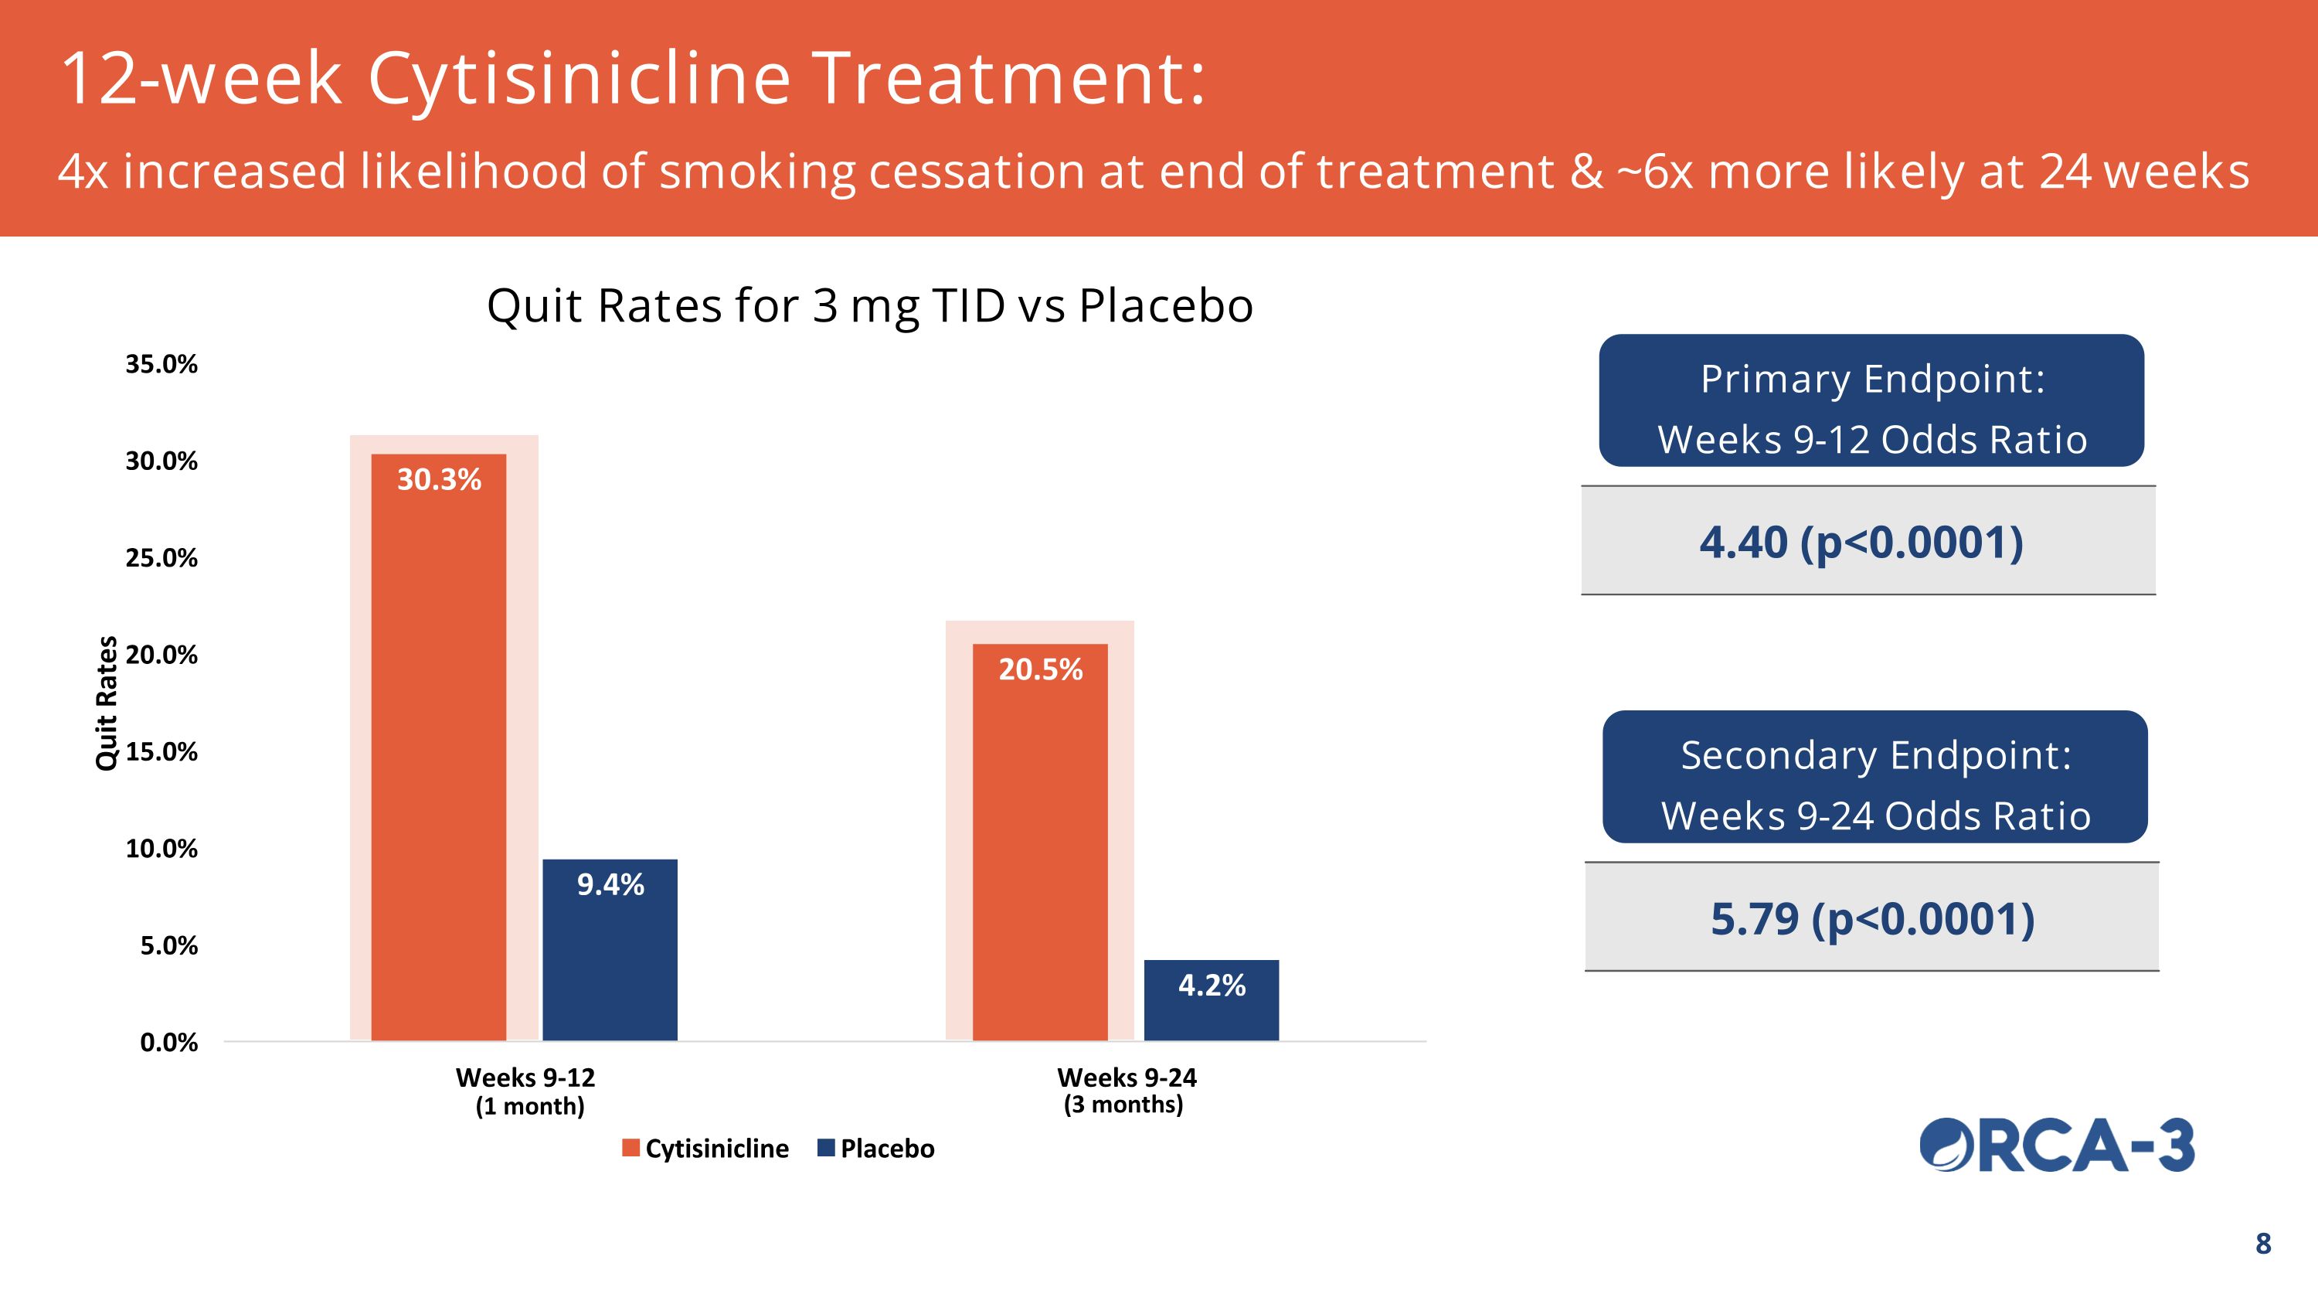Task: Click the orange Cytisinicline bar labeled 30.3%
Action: [x=438, y=747]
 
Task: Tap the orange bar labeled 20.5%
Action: [x=1039, y=843]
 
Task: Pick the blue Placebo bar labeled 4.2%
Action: [x=1212, y=1001]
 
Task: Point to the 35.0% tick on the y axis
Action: [x=161, y=365]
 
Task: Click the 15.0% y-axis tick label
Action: [x=161, y=751]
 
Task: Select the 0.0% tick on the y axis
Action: [x=168, y=1042]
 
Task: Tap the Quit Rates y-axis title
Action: [x=106, y=703]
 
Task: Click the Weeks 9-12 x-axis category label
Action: [x=526, y=1091]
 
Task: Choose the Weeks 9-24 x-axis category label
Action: [x=1126, y=1090]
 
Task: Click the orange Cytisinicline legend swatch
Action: [x=630, y=1149]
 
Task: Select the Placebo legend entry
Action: [x=875, y=1149]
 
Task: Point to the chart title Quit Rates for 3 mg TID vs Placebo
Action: [x=869, y=306]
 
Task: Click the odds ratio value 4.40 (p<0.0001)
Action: [x=1861, y=543]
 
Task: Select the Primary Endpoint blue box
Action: [x=1871, y=400]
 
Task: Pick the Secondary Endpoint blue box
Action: [x=1875, y=777]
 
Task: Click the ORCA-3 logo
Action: [x=2057, y=1146]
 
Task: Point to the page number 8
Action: [x=2263, y=1244]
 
